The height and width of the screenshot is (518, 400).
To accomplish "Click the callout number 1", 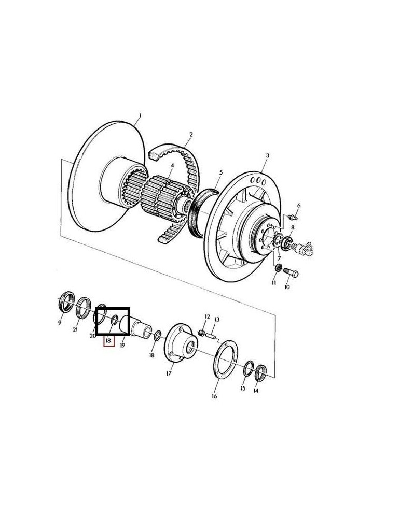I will pyautogui.click(x=140, y=115).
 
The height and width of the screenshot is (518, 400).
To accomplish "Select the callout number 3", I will pyautogui.click(x=267, y=155).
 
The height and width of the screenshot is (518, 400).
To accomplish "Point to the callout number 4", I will pyautogui.click(x=172, y=166).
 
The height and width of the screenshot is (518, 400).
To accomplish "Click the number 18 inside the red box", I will pyautogui.click(x=108, y=341).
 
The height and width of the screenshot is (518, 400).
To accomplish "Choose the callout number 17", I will pyautogui.click(x=169, y=372).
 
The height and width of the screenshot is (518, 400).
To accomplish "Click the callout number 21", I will pyautogui.click(x=76, y=329).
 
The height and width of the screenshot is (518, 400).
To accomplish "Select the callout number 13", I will pyautogui.click(x=217, y=320).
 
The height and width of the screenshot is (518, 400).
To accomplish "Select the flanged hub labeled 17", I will pyautogui.click(x=181, y=344).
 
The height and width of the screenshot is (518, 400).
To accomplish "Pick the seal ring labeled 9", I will pyautogui.click(x=64, y=302).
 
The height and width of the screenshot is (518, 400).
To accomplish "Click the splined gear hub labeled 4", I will pyautogui.click(x=161, y=195).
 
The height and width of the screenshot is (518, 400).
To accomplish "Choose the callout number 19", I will pyautogui.click(x=123, y=344).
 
